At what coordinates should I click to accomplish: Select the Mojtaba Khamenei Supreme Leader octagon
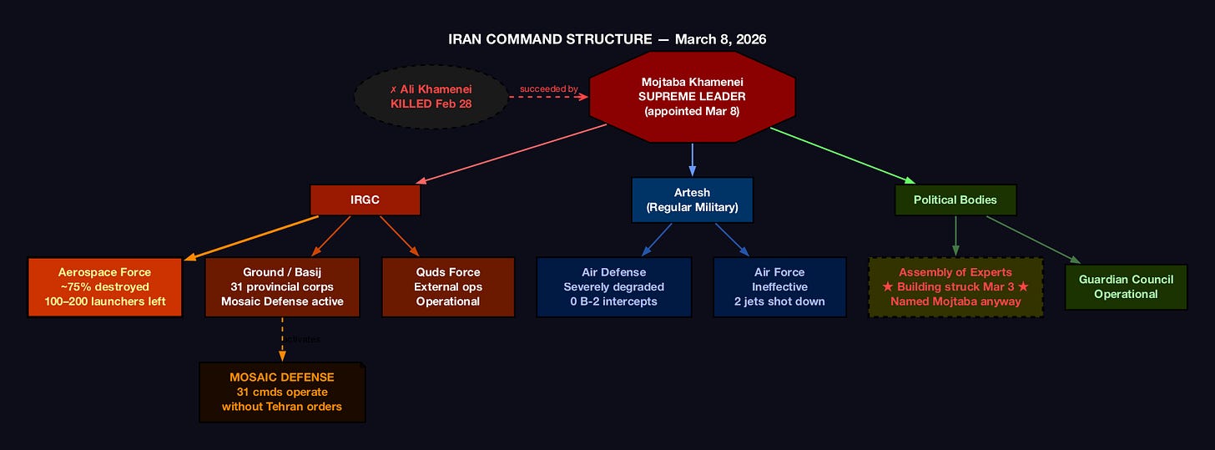coord(693,97)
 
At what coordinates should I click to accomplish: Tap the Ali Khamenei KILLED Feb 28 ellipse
coord(431,97)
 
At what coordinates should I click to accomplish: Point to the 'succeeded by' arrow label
coord(548,88)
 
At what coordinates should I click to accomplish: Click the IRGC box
coord(365,200)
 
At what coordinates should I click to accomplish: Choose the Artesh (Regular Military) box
coord(693,200)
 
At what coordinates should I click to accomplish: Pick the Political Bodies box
coord(955,200)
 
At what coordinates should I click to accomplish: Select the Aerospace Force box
coord(104,286)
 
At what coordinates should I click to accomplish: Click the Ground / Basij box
coord(282,286)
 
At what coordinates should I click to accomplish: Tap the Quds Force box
coord(447,286)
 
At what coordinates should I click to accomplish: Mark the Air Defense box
coord(613,286)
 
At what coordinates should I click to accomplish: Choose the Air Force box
coord(779,286)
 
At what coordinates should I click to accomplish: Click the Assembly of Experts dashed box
coord(955,286)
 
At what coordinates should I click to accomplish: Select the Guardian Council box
coord(1126,286)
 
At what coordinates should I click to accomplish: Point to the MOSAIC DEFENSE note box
coord(282,392)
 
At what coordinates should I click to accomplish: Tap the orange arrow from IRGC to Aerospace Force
coord(250,237)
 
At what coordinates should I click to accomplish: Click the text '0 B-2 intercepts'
coord(613,301)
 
